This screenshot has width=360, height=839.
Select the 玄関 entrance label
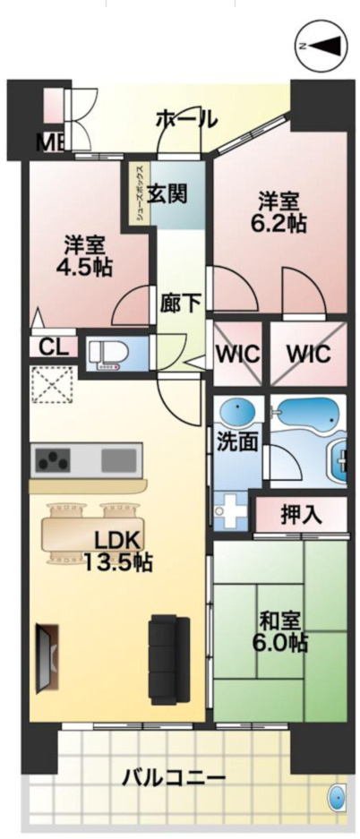(x=167, y=192)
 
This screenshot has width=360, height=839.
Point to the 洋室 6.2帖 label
(x=279, y=212)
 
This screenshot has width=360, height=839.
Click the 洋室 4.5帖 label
(x=87, y=254)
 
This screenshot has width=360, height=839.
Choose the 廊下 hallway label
(x=181, y=303)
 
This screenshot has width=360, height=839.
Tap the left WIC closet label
(x=238, y=353)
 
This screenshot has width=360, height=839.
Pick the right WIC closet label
(x=308, y=353)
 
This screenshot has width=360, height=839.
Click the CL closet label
(x=52, y=347)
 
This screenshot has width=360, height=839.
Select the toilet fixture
(x=111, y=354)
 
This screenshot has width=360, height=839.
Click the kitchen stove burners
(x=52, y=460)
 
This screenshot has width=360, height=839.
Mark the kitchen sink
(x=119, y=460)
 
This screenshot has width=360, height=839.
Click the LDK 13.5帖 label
(x=116, y=551)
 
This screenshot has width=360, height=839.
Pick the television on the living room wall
(x=44, y=657)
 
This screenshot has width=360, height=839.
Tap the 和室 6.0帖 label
(x=283, y=629)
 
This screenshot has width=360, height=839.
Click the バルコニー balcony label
(x=174, y=777)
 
